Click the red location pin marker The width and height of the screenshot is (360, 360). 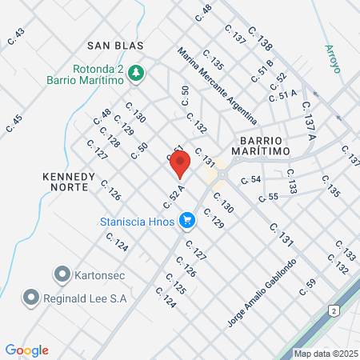click(x=180, y=163)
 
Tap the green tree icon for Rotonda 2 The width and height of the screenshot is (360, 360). click(x=136, y=73)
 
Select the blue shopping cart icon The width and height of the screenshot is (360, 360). click(x=186, y=219)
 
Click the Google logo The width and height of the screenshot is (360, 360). click(x=26, y=350)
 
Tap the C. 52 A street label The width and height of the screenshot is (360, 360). click(x=178, y=192)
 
